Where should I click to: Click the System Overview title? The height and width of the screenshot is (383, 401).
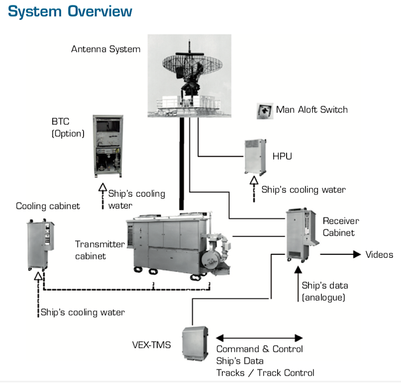70,12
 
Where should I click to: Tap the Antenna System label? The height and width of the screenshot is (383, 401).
105,49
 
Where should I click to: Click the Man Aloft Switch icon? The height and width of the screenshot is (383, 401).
264,110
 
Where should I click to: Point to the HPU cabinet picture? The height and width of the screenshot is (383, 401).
256,156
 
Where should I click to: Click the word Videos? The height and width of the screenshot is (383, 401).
379,255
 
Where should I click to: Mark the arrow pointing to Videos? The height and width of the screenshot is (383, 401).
341,255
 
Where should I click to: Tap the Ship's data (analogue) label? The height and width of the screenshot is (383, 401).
325,292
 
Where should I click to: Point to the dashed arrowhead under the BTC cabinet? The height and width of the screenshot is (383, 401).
102,187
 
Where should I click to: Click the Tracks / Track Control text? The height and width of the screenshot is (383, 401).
265,372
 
